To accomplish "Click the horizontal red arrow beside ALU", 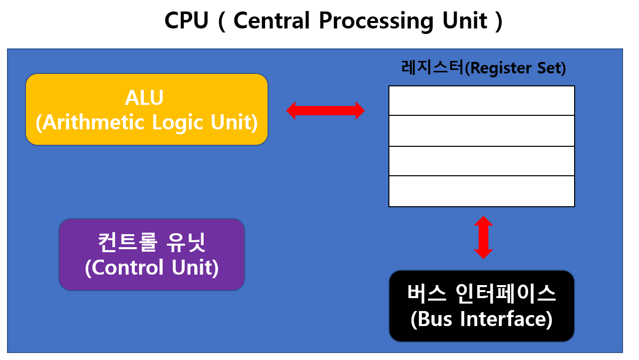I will coord(325,110).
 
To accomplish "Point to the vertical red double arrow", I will coord(483,237).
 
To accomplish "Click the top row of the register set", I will coord(481,100).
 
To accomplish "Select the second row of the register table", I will coord(481,131).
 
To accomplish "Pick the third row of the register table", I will coord(481,161).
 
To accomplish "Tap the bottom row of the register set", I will coord(481,191).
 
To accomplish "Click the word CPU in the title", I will coord(186,21).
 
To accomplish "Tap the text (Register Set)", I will coord(515,68).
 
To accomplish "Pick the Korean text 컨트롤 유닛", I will coord(151,243).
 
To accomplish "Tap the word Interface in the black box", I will coord(501,319).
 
